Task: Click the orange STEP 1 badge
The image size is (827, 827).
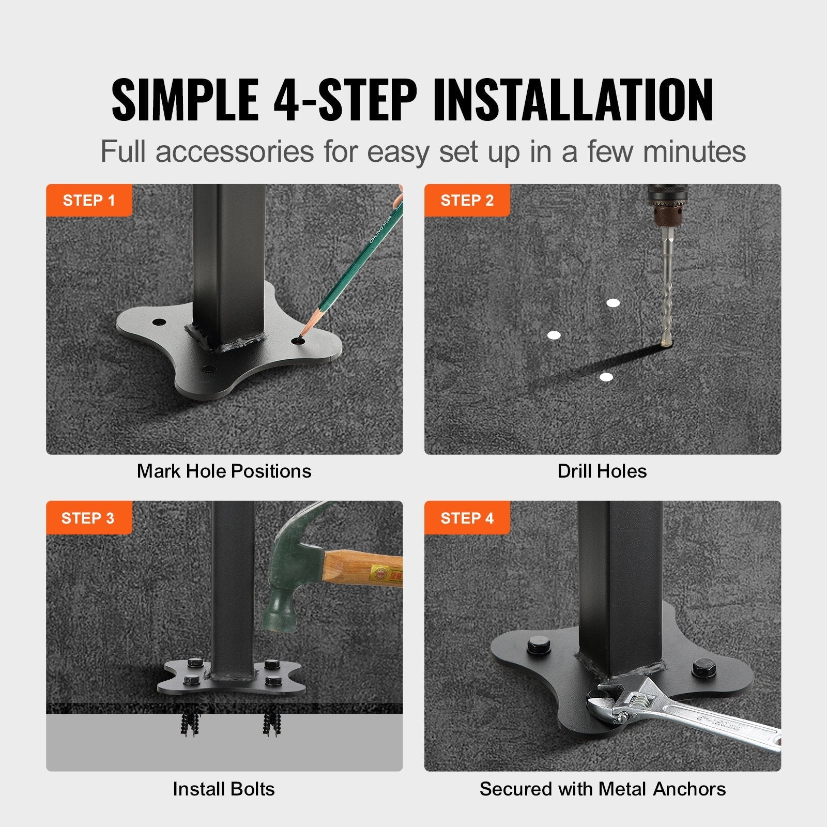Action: point(88,200)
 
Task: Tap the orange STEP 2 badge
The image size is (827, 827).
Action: point(467,200)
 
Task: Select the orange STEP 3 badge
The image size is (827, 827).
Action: point(88,518)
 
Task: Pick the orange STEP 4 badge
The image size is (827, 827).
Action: point(467,518)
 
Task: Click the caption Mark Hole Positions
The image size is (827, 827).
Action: point(224,471)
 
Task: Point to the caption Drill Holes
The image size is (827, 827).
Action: point(602,471)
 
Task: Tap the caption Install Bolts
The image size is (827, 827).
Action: point(224,789)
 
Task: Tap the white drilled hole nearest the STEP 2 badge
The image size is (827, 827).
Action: point(554,335)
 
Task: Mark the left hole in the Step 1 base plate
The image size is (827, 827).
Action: point(159,323)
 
